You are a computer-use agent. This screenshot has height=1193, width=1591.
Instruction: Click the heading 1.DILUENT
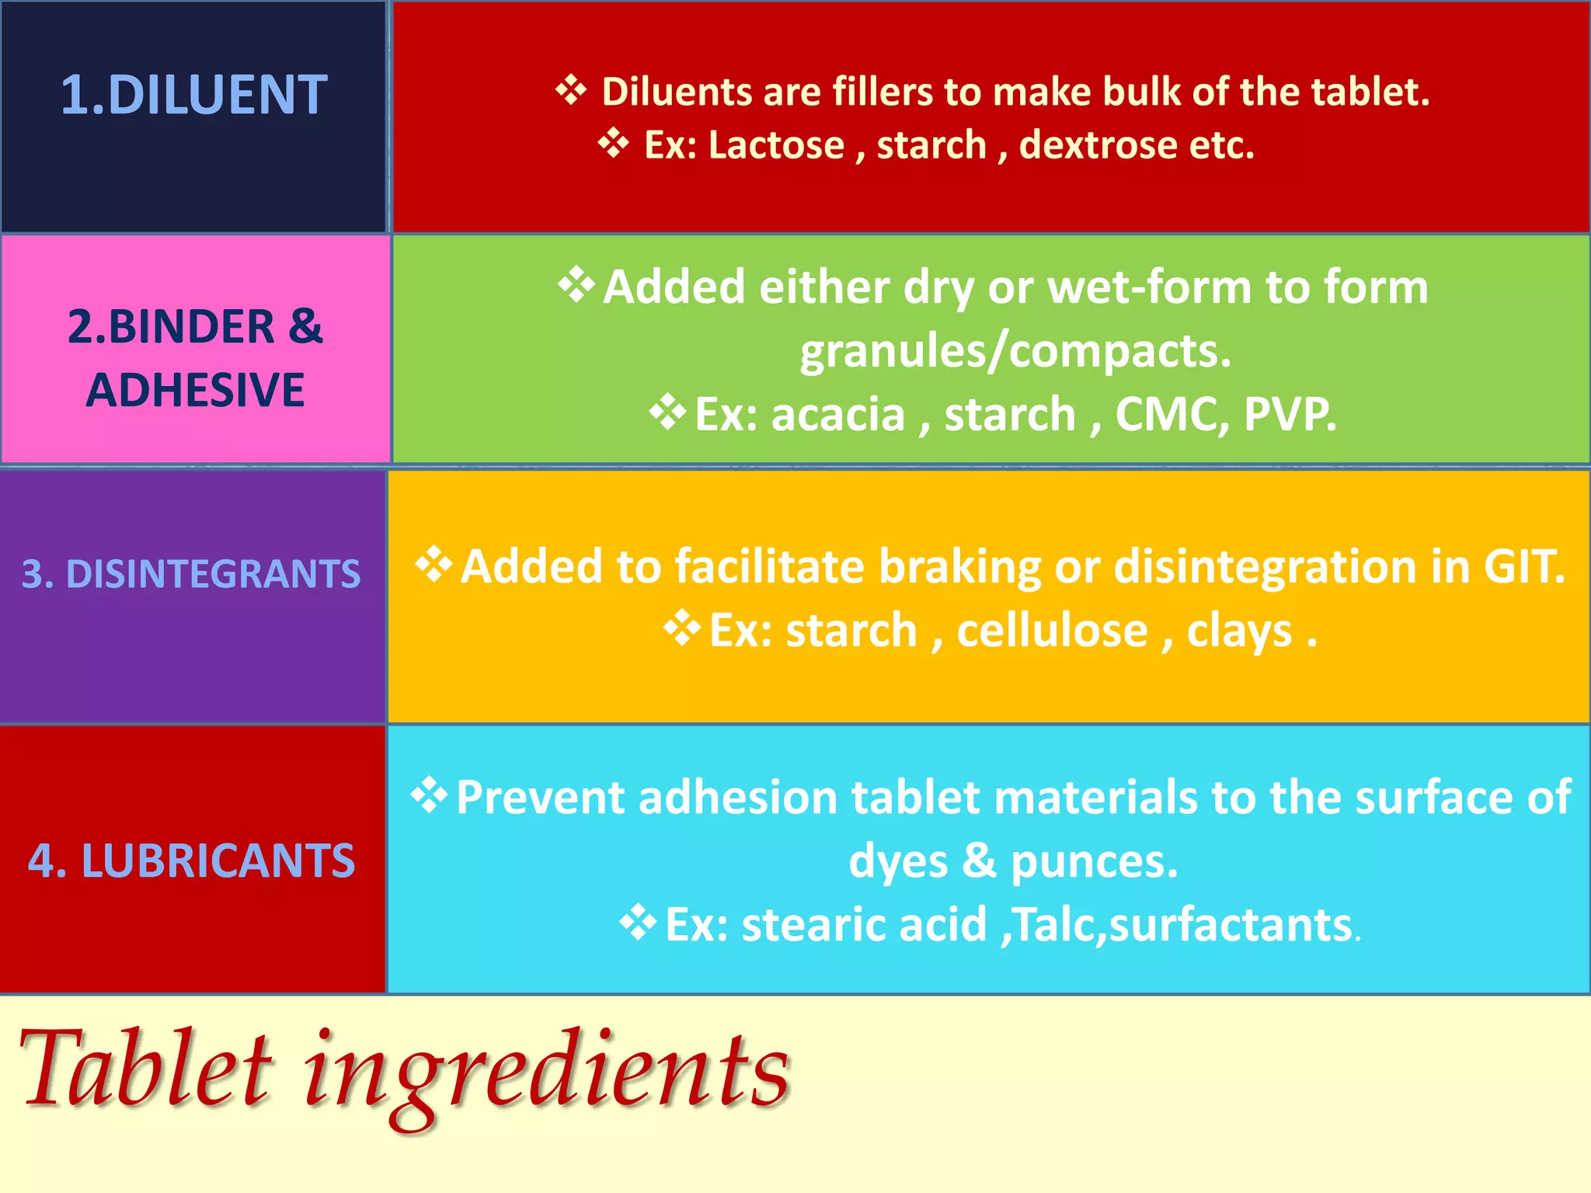[194, 95]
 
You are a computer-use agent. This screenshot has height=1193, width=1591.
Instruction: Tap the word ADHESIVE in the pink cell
[195, 390]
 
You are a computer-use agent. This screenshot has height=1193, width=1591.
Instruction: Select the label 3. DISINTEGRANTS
[191, 574]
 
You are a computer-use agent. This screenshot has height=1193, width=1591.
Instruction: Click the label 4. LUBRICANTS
[191, 861]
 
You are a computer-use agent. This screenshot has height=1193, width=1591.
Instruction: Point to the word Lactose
[775, 145]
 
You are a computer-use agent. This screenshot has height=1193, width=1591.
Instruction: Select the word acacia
[837, 414]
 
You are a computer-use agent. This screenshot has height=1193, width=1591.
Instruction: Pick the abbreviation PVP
[1290, 414]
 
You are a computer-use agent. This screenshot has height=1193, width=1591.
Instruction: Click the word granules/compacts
[1015, 351]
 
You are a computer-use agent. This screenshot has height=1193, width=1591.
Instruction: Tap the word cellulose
[1052, 630]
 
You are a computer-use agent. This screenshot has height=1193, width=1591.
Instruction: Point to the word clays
[1239, 630]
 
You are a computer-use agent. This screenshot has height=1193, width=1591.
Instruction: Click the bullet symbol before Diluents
[571, 90]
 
